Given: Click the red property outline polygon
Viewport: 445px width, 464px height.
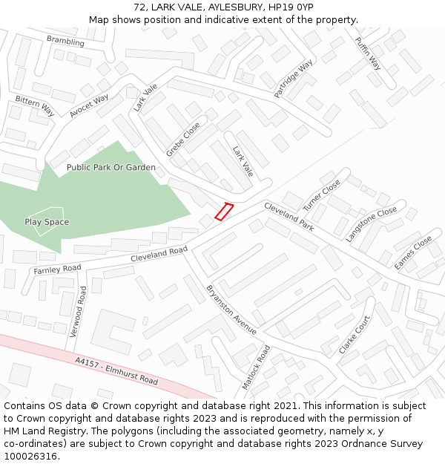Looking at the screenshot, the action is (x=224, y=212).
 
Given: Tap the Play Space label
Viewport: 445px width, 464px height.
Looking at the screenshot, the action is (x=47, y=222).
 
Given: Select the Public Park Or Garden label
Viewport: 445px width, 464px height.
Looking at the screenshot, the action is (x=111, y=168).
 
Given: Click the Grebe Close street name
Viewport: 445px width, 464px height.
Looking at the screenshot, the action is (x=182, y=140).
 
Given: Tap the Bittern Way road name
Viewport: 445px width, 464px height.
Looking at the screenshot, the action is (x=35, y=105).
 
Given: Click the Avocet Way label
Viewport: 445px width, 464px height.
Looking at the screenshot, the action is (x=89, y=106).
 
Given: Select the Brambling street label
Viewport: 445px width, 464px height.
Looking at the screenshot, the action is (x=65, y=42).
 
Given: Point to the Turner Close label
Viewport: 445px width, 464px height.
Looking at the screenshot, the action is (x=321, y=195).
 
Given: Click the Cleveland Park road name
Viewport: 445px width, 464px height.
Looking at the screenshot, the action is (x=289, y=217).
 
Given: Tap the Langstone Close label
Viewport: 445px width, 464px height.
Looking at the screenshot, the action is (x=372, y=224).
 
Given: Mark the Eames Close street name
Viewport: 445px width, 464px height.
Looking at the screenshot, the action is (x=413, y=252).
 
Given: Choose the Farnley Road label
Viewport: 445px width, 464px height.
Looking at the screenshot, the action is (x=57, y=269).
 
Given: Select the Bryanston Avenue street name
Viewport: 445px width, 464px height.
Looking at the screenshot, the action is (x=231, y=309).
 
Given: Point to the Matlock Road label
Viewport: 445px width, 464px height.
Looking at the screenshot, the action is (x=257, y=367).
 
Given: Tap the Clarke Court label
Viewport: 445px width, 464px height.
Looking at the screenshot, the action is (x=355, y=335).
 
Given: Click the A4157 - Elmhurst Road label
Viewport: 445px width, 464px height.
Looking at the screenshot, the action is (x=116, y=370).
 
